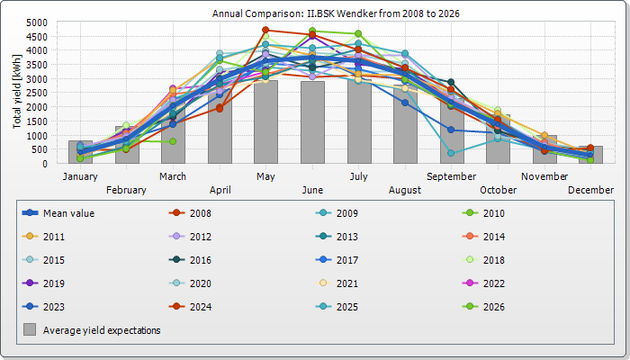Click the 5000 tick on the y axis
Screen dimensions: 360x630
tap(38, 22)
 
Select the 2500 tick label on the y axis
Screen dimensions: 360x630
tap(38, 93)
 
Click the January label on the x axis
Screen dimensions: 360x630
tap(80, 176)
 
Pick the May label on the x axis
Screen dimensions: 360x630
tap(265, 176)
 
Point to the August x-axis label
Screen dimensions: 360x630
tap(404, 190)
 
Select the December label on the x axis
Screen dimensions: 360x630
tap(590, 190)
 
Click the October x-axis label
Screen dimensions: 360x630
tap(498, 190)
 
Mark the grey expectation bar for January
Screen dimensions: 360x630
tap(80, 153)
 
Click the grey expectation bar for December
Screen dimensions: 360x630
tap(590, 156)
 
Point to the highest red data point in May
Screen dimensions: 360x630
tap(265, 30)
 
